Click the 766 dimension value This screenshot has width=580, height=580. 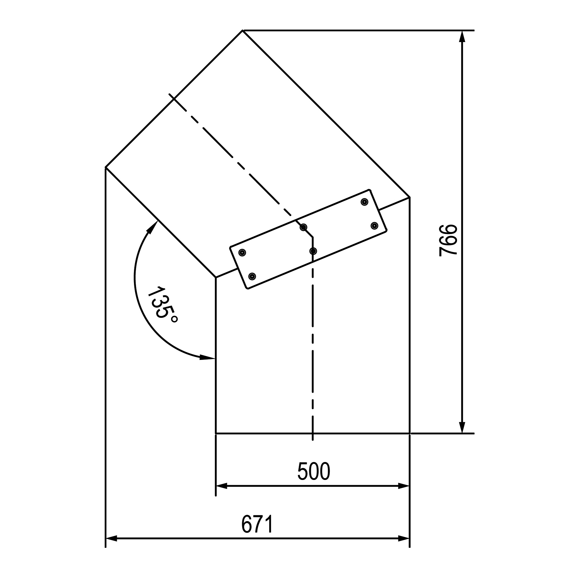(x=448, y=240)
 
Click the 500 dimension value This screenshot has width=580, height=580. (x=314, y=471)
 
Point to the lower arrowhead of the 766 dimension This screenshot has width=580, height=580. (x=462, y=428)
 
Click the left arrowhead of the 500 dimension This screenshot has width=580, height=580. (x=222, y=486)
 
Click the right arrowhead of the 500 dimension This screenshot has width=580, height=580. (x=404, y=486)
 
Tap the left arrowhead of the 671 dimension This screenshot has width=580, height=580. (x=111, y=539)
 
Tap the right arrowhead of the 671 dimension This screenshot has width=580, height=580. (x=404, y=539)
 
